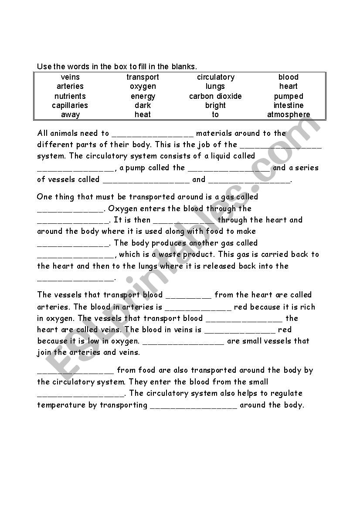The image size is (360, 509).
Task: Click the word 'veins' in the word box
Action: click(70, 77)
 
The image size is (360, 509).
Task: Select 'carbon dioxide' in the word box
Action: click(215, 96)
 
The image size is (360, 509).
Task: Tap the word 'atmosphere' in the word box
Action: click(289, 115)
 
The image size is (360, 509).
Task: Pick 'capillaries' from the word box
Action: click(70, 105)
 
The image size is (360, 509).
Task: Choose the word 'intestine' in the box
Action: click(289, 105)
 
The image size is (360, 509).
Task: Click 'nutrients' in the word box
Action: click(70, 96)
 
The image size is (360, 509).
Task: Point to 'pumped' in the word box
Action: click(289, 96)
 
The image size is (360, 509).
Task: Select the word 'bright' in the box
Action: click(215, 105)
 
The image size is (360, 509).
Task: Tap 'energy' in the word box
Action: click(143, 96)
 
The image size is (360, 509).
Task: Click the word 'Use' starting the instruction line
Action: click(44, 67)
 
